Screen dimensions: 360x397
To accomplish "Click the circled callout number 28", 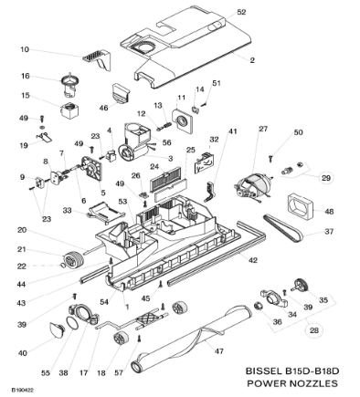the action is click(x=313, y=330).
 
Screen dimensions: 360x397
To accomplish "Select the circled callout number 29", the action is click(x=326, y=178).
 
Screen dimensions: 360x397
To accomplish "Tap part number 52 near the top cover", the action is click(x=241, y=12).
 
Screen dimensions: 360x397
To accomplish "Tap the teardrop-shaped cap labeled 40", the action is click(x=57, y=329).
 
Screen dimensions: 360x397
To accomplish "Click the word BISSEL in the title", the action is click(x=264, y=371).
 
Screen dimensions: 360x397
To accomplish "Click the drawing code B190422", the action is click(x=23, y=390).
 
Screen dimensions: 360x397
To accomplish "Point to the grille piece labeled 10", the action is click(x=96, y=59).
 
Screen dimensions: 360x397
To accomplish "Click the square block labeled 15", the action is click(x=69, y=110).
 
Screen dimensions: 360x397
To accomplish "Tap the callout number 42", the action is click(x=253, y=260).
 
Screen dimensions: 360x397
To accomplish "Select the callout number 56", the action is click(x=167, y=142).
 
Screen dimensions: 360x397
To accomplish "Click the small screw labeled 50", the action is click(x=271, y=158).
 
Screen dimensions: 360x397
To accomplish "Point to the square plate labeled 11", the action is click(x=182, y=121).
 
